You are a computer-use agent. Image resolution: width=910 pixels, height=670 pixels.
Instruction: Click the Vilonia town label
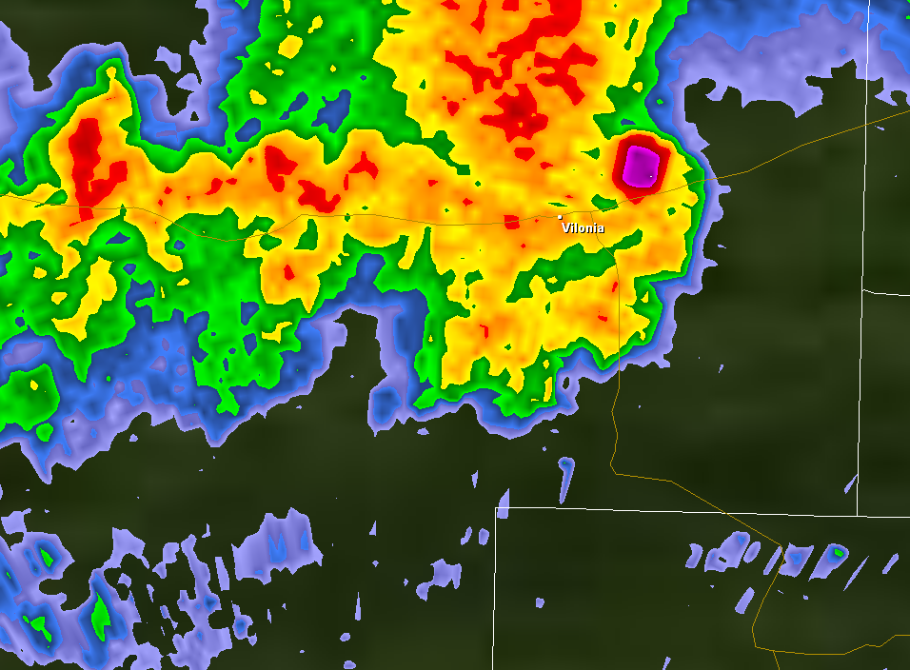tap(583, 228)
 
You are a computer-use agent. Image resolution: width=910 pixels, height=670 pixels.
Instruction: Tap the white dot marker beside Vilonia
tap(560, 218)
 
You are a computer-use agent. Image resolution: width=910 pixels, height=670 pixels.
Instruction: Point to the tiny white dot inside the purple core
tap(651, 176)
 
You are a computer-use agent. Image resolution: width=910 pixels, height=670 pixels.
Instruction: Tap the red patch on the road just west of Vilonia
tap(511, 222)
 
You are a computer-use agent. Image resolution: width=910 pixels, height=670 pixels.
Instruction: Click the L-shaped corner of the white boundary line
tap(496, 508)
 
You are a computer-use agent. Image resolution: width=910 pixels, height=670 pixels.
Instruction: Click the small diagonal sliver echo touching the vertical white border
tap(850, 484)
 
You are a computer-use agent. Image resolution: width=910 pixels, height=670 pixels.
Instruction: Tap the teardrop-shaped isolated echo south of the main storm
tap(566, 476)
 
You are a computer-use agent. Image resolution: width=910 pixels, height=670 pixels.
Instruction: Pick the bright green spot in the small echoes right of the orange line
tap(839, 551)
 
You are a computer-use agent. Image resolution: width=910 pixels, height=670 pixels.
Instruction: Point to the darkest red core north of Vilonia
tap(515, 114)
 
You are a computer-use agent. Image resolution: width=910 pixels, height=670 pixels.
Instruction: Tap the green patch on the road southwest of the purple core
tap(602, 202)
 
